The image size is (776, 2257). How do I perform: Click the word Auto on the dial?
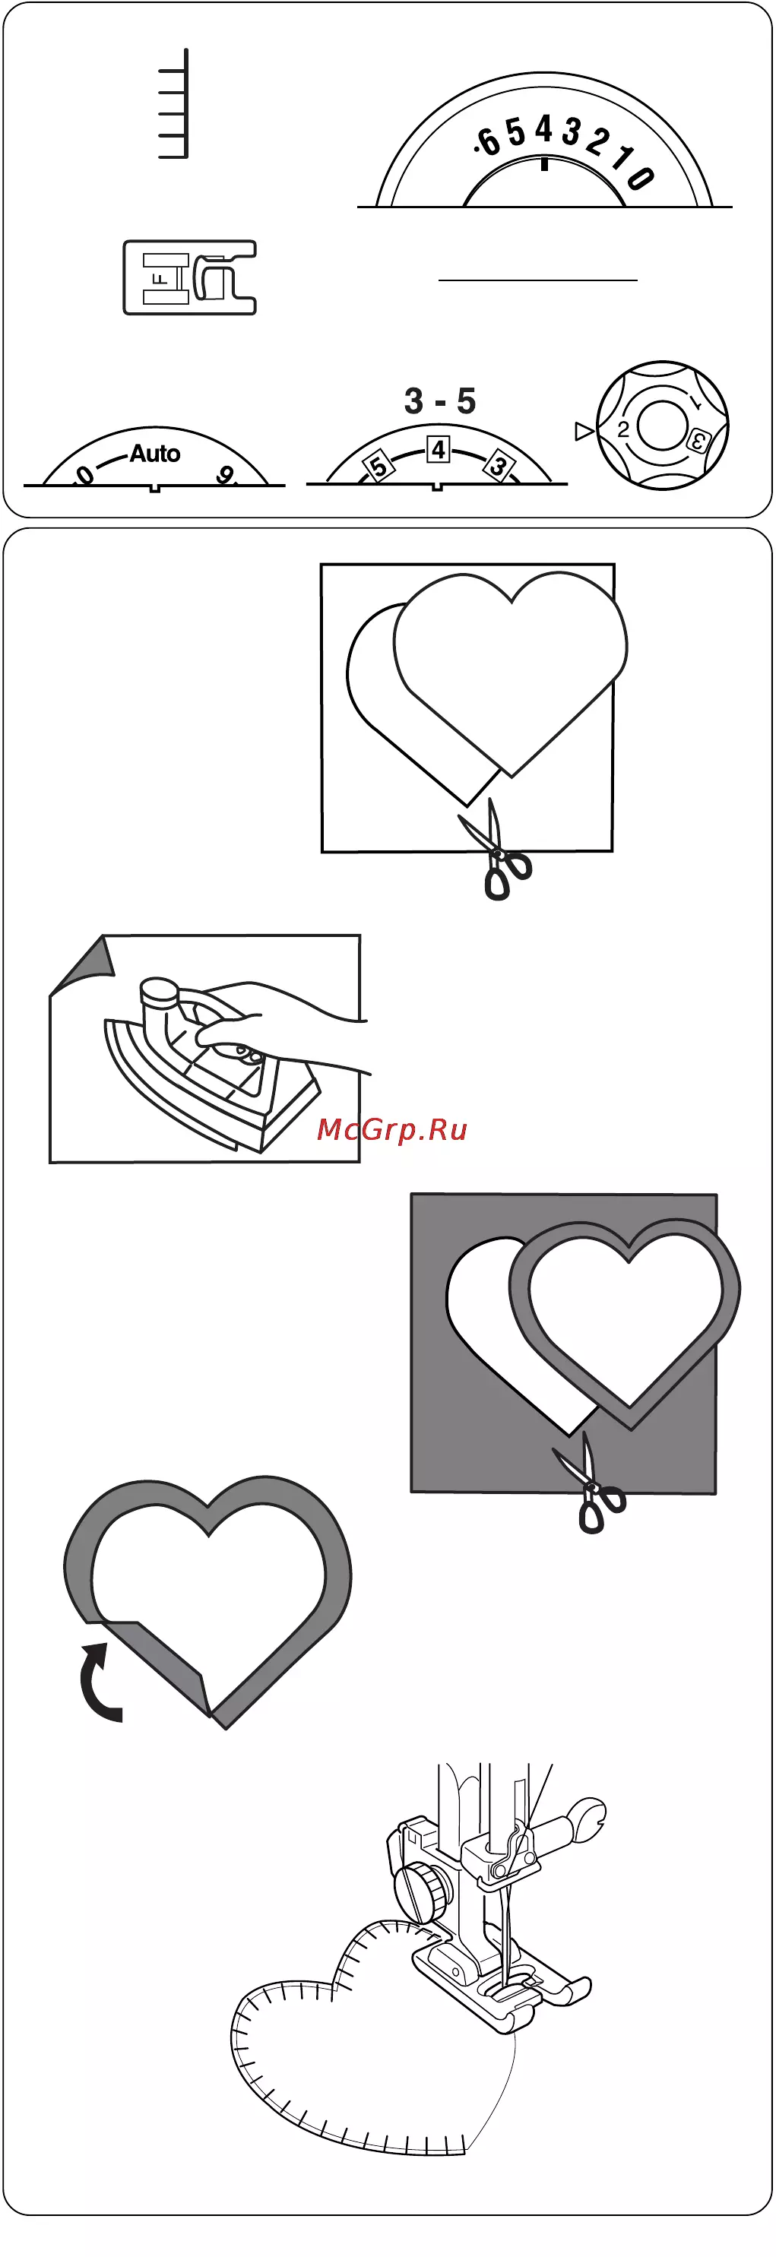(x=155, y=453)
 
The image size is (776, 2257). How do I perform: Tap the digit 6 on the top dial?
(x=488, y=140)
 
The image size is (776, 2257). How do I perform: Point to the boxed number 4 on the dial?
(x=438, y=449)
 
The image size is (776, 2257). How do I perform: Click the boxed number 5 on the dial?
(x=378, y=465)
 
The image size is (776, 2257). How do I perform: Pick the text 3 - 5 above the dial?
(x=439, y=401)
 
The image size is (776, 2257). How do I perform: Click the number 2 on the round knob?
(x=622, y=429)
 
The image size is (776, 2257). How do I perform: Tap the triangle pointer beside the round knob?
(x=583, y=430)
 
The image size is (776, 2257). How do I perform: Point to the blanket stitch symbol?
(x=173, y=103)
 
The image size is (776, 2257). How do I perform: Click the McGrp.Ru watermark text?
(x=391, y=1128)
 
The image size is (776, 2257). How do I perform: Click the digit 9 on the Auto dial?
(x=225, y=475)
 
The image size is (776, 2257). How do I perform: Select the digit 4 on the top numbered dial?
(x=544, y=130)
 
